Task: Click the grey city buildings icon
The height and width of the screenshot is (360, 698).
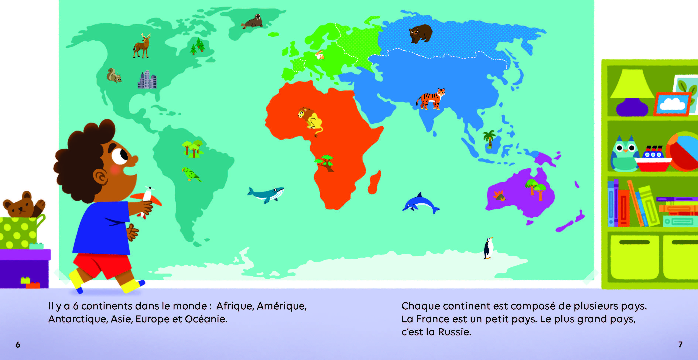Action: (147, 80)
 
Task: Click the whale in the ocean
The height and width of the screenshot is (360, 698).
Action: (266, 194)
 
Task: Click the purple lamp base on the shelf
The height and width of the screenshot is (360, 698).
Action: (632, 107)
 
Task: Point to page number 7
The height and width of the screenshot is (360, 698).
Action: (680, 344)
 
